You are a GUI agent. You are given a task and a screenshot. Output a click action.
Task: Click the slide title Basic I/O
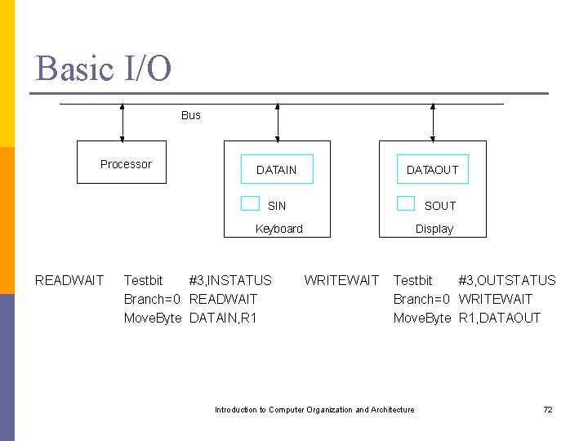pos(104,68)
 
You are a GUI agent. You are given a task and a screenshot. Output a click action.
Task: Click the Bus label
pos(190,115)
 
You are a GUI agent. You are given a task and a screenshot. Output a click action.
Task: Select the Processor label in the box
pos(126,164)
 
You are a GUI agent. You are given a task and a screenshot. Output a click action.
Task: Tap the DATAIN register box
pos(277,170)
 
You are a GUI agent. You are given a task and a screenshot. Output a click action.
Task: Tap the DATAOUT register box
pos(433,170)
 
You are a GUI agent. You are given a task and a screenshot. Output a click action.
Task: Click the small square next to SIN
pos(250,203)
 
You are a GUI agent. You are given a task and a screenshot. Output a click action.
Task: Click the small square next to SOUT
pos(406,203)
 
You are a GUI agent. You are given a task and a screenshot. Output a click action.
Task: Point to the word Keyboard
pos(278,229)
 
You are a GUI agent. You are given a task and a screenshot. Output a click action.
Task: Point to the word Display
pos(434,229)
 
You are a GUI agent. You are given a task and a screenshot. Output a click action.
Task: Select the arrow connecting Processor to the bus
pos(122,122)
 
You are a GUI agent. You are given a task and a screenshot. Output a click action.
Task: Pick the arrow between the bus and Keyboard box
pos(278,122)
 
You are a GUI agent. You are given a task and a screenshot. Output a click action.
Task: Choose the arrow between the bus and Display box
pos(433,122)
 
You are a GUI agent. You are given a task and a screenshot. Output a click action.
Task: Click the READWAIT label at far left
pos(69,280)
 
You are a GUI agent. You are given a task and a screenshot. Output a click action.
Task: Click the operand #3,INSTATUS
pos(230,280)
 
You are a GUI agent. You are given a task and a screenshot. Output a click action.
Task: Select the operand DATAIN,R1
pos(222,318)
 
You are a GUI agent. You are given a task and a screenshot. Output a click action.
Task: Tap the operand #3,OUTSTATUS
pos(506,280)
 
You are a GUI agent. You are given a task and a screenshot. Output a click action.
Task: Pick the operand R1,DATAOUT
pos(499,318)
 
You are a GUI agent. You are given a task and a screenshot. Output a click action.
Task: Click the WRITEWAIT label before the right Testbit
pos(341,280)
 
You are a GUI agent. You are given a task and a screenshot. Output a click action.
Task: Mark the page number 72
pos(548,409)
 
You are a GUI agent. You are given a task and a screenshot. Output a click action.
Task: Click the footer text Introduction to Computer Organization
pos(314,409)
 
